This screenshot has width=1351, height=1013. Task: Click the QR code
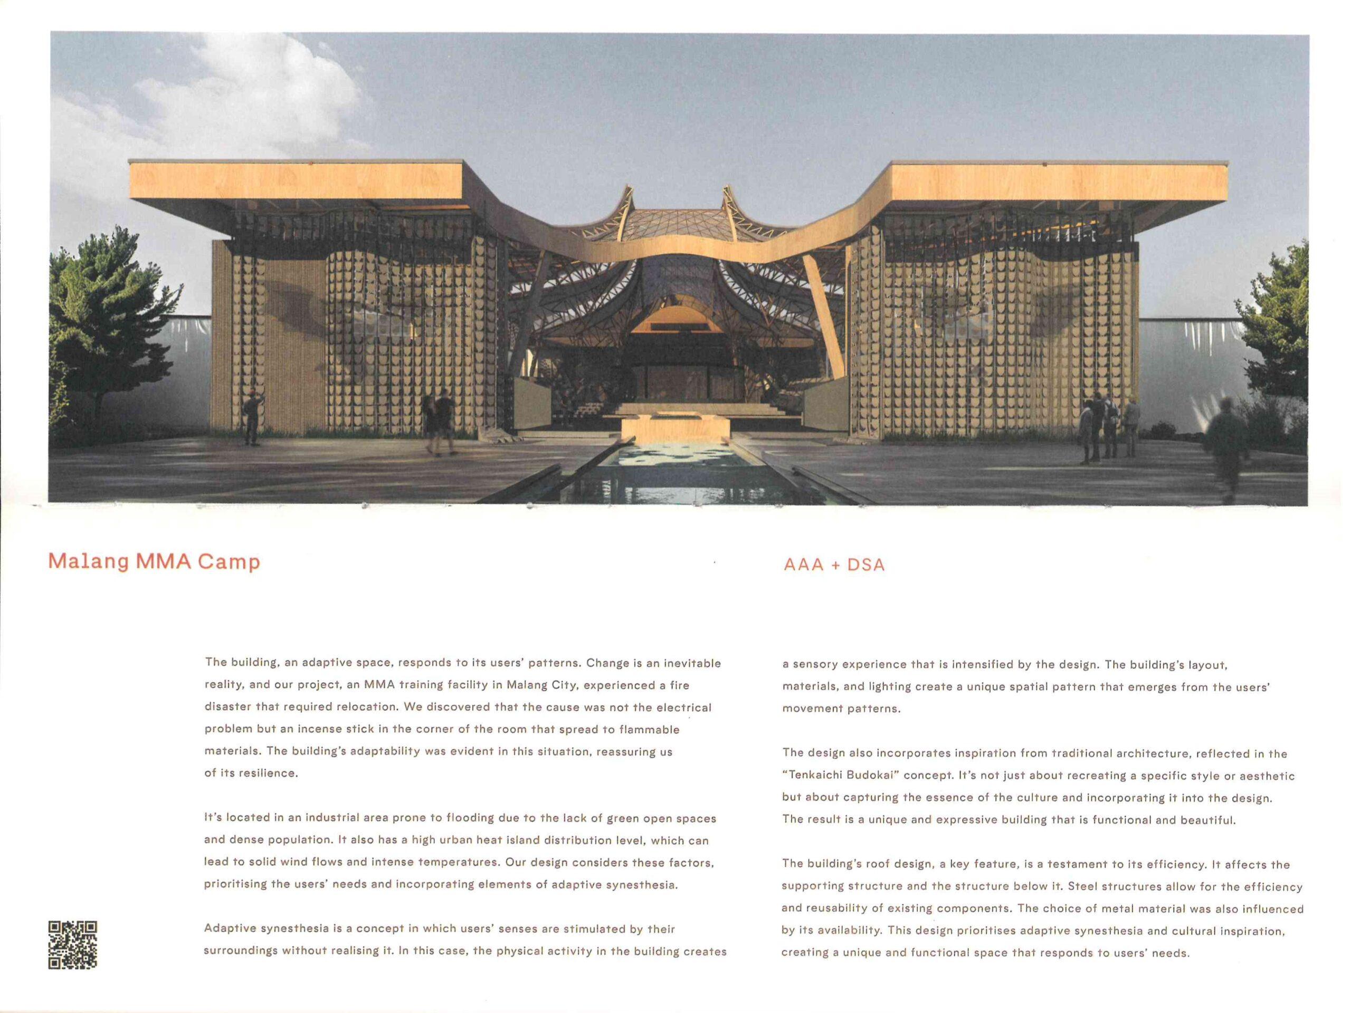coord(73,944)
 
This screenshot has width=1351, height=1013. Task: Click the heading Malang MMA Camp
coord(154,562)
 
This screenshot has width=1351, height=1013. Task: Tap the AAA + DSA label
coord(834,565)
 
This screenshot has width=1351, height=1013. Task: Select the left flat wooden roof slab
coord(296,182)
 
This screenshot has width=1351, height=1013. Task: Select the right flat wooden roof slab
coord(1059,183)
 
